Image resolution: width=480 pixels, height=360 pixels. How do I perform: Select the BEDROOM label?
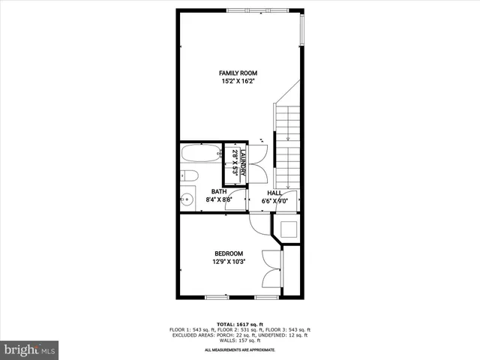[x=229, y=253]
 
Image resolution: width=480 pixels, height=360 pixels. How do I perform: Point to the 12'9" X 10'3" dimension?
[x=229, y=262]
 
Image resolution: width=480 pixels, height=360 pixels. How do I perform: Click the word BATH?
[x=219, y=192]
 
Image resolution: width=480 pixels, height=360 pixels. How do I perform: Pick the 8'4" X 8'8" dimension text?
[x=219, y=200]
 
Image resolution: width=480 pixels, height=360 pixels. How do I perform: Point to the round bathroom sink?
[x=189, y=199]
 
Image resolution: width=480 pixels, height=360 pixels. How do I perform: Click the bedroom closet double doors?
[x=273, y=266]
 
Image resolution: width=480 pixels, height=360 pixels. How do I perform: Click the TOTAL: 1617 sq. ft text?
[x=240, y=323]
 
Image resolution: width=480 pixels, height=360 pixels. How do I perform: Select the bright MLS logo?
[x=30, y=349]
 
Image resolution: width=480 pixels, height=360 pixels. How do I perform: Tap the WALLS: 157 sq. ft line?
[x=240, y=342]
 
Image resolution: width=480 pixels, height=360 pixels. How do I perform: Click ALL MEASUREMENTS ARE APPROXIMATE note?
[x=240, y=350]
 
